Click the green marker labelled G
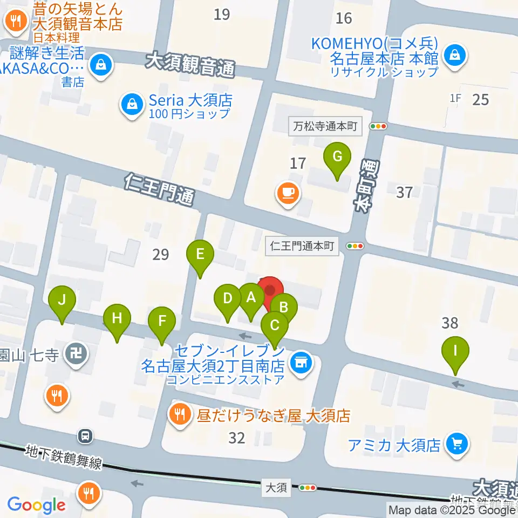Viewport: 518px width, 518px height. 337,158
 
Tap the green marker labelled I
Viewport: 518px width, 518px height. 455,352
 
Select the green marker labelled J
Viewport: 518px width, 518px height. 62,300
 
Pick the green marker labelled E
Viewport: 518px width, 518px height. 200,254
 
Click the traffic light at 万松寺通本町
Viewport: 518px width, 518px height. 379,126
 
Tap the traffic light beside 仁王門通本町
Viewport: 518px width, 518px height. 355,247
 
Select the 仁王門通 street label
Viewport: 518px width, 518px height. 159,188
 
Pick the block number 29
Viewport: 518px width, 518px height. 161,254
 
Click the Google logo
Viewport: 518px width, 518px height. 36,505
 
